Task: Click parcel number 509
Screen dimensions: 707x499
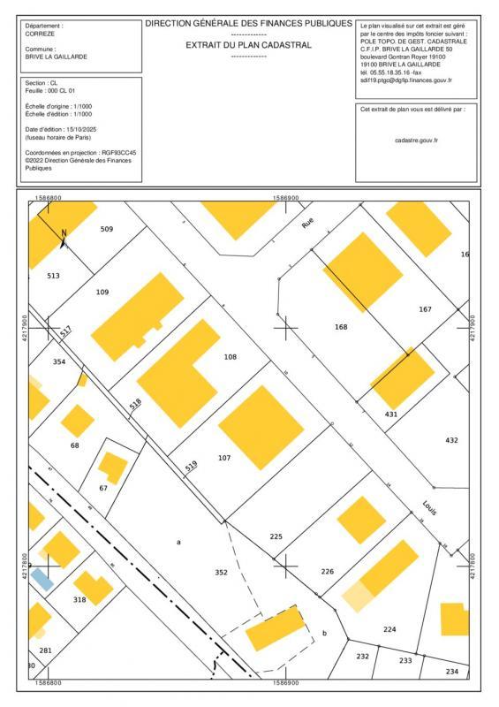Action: pyautogui.click(x=107, y=229)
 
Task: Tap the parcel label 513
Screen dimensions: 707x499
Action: pyautogui.click(x=53, y=277)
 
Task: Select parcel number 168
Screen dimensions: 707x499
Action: pyautogui.click(x=341, y=327)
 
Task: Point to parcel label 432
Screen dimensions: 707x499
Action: pyautogui.click(x=451, y=440)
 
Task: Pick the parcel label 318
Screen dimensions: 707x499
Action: pyautogui.click(x=79, y=600)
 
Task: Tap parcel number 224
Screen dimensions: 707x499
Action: pyautogui.click(x=389, y=629)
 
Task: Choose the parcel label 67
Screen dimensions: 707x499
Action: pyautogui.click(x=103, y=488)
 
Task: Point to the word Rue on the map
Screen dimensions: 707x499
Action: pyautogui.click(x=307, y=225)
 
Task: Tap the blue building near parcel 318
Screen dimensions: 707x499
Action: pyautogui.click(x=42, y=579)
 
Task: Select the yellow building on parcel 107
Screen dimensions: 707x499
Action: pyautogui.click(x=254, y=426)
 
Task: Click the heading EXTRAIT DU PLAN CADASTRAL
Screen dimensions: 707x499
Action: pyautogui.click(x=248, y=44)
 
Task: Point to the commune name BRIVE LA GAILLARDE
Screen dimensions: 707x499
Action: pyautogui.click(x=57, y=56)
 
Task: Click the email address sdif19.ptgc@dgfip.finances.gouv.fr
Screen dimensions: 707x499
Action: pyautogui.click(x=405, y=80)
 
